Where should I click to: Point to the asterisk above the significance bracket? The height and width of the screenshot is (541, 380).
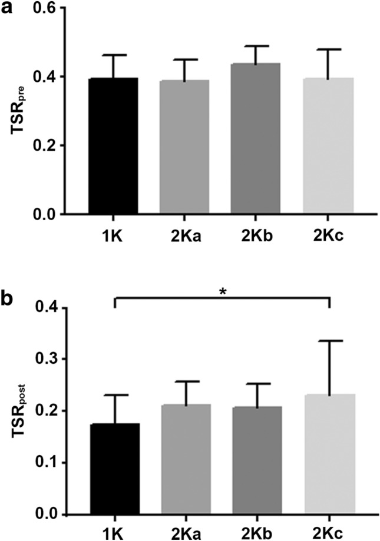coord(222,291)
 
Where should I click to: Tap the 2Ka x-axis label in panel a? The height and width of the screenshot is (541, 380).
coord(184,231)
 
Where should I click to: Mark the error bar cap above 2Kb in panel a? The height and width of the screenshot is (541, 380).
coord(256,46)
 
